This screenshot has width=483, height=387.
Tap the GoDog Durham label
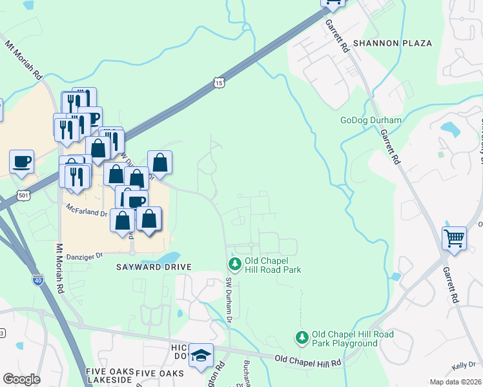pyautogui.click(x=371, y=121)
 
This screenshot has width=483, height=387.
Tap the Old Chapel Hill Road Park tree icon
pyautogui.click(x=234, y=264)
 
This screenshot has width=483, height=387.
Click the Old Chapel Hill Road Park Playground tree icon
pyautogui.click(x=302, y=337)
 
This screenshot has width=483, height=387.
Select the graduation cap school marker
pyautogui.click(x=201, y=355)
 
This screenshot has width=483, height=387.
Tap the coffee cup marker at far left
pyautogui.click(x=21, y=161)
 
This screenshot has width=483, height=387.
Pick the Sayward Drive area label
pyautogui.click(x=154, y=267)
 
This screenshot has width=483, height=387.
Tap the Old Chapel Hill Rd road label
pyautogui.click(x=307, y=361)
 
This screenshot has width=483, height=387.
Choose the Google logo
pyautogui.click(x=21, y=379)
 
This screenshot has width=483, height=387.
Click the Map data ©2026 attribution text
pyautogui.click(x=455, y=382)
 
